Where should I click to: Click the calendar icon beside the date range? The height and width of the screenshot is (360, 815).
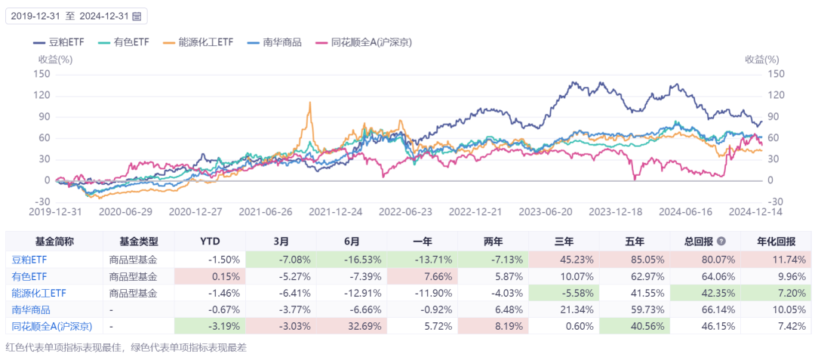tap(137, 15)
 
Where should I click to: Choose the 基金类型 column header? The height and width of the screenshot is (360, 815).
tap(139, 242)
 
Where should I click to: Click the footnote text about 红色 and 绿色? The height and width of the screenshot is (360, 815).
tap(126, 348)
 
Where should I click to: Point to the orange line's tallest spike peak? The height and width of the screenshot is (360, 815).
tap(309, 103)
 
